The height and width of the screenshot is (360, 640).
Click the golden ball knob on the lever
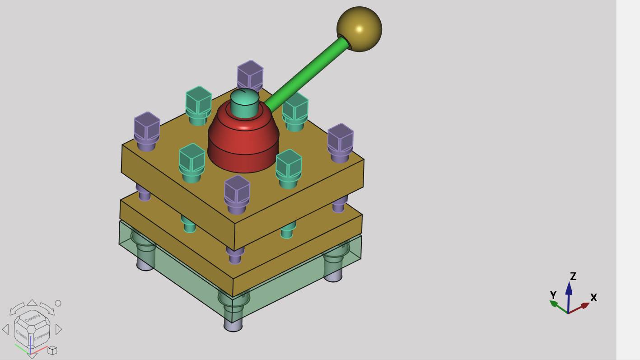pos(359,29)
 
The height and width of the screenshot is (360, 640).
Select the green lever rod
pos(307,75)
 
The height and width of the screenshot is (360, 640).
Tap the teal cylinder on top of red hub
pos(244,105)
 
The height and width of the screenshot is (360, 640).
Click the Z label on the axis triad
pos(573,276)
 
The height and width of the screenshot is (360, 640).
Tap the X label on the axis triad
pos(593,298)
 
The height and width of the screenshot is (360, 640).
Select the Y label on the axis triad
pos(553,295)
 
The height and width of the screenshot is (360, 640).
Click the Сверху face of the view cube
pos(32,318)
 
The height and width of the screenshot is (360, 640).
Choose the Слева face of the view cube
pos(21,334)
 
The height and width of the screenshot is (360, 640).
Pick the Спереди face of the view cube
pos(41,336)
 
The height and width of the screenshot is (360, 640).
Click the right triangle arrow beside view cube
pos(59,329)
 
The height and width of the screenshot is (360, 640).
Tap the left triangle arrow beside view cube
pos(5,329)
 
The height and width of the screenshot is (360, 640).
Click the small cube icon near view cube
pos(52,350)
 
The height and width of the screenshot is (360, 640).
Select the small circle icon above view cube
pos(58,303)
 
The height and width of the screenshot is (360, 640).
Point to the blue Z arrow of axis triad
pos(569,294)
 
